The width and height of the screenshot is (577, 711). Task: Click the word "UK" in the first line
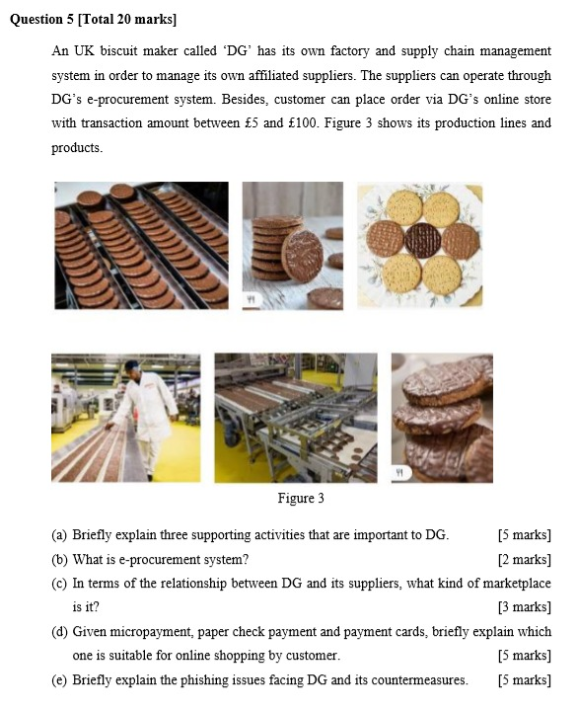[86, 51]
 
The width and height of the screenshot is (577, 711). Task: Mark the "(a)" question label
[60, 535]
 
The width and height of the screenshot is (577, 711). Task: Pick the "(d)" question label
[60, 631]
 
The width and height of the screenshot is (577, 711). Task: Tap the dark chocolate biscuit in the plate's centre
[419, 239]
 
